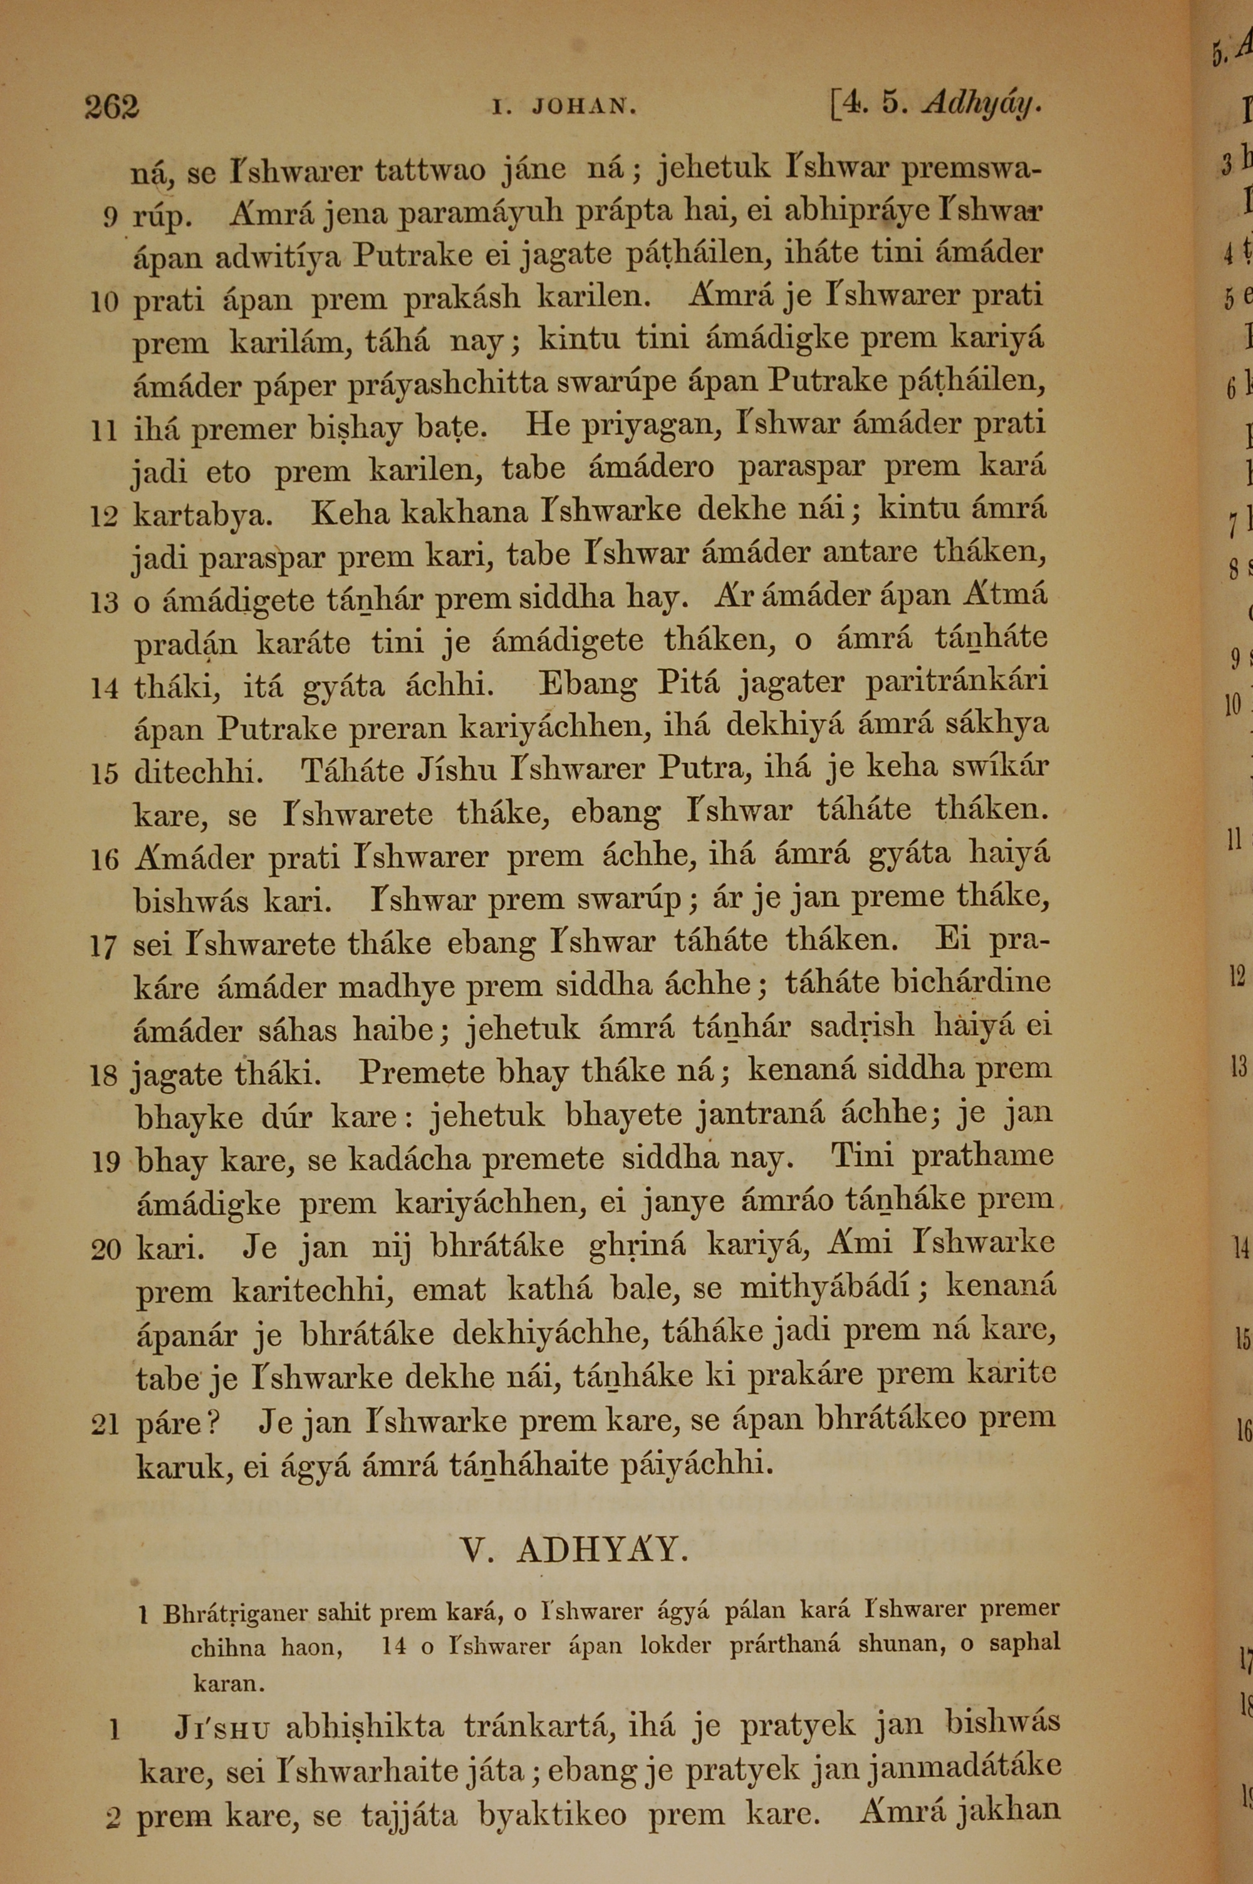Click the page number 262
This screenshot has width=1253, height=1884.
click(112, 107)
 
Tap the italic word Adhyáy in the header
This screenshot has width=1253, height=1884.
click(981, 105)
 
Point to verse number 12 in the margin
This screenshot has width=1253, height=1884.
click(104, 517)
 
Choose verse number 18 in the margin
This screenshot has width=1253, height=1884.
click(104, 1077)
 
